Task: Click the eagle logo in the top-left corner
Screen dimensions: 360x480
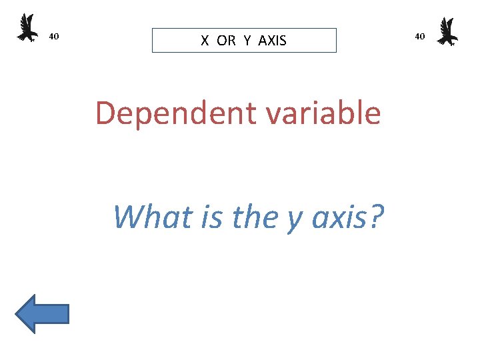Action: pos(27,28)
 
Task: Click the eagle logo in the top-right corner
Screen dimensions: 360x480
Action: pos(447,31)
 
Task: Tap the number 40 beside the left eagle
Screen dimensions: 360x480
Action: pos(55,36)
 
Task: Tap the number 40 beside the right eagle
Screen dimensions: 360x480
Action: pos(419,36)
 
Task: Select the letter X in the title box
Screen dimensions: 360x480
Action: pos(205,41)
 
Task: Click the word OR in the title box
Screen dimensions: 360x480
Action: pos(226,41)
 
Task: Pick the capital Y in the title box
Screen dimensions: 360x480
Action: pos(247,41)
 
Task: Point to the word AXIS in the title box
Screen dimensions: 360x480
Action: pos(272,41)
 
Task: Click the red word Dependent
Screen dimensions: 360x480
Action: pos(175,114)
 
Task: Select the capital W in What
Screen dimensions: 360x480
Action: pos(127,216)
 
